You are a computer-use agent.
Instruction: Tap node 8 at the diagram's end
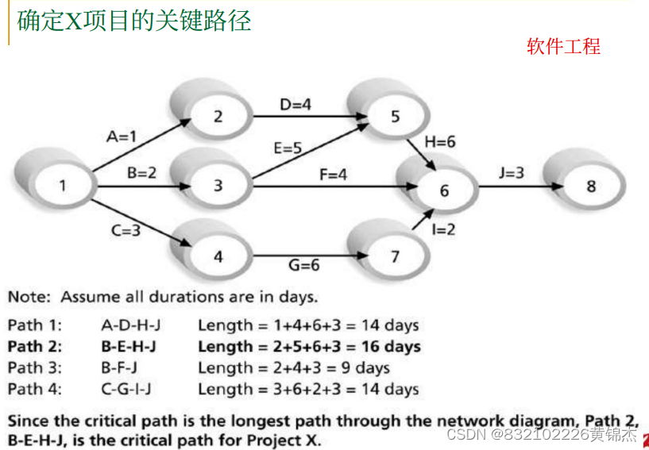point(590,187)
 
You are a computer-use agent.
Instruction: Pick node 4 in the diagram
point(218,257)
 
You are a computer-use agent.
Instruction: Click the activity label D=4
point(295,104)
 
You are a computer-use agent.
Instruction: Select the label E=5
point(287,148)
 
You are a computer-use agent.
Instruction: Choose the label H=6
point(440,141)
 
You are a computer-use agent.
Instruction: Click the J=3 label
point(512,172)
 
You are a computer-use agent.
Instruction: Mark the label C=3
point(125,231)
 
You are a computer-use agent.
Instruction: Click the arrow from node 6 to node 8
point(516,187)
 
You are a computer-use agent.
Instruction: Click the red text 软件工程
point(563,46)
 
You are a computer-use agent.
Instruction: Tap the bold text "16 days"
point(390,346)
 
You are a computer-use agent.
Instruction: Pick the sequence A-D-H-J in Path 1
point(129,325)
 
